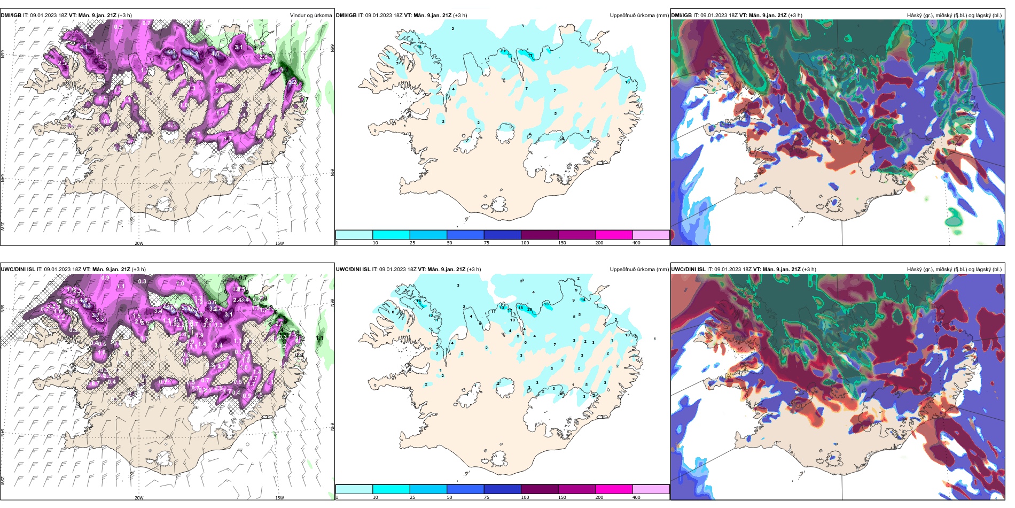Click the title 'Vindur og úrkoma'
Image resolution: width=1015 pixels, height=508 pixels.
(310, 15)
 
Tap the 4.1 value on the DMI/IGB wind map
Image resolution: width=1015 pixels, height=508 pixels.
(84, 47)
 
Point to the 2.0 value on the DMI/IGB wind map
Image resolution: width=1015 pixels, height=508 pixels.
(219, 91)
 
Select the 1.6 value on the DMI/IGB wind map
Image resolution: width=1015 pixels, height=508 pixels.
(220, 113)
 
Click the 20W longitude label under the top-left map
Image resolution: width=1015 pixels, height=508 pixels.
(139, 243)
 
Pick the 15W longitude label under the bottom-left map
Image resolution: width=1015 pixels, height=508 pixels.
(279, 498)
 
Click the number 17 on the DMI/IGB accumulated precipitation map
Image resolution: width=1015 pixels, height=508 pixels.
(530, 55)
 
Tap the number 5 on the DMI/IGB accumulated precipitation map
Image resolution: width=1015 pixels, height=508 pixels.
(556, 114)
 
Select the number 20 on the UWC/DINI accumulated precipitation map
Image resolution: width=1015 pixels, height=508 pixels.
(529, 309)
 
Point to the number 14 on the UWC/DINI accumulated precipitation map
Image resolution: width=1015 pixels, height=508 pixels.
(583, 300)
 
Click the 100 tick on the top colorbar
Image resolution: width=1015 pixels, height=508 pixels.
(525, 243)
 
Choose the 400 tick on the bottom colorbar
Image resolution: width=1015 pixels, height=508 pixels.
(636, 497)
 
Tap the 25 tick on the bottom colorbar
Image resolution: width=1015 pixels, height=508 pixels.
(412, 497)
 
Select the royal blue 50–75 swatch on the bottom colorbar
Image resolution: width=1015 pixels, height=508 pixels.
(465, 489)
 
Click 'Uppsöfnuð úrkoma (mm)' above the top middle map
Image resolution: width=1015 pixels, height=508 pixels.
(639, 15)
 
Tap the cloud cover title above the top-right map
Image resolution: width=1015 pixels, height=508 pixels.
(954, 15)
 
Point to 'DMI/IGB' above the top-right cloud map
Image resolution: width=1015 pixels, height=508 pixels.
(681, 15)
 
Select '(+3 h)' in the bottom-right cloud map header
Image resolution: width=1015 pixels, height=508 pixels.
(809, 270)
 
